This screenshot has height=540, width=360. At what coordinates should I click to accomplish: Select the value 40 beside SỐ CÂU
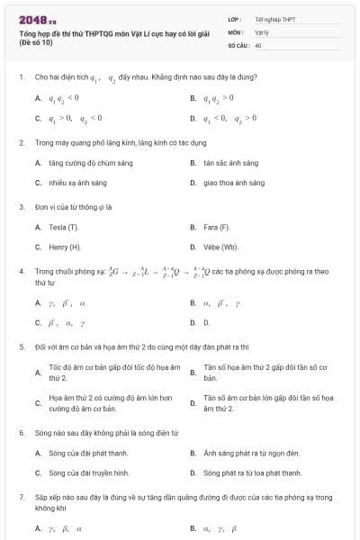tap(258, 44)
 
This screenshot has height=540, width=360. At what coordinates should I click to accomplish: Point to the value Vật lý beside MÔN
tap(262, 31)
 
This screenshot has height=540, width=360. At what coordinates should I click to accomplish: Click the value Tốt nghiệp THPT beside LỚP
tap(274, 18)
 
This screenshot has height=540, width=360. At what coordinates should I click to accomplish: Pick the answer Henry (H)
tap(65, 247)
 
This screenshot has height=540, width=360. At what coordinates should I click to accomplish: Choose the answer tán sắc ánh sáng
tap(231, 163)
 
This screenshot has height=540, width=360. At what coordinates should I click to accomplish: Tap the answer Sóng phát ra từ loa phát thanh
tap(253, 472)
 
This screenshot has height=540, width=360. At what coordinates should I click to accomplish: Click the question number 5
tap(21, 346)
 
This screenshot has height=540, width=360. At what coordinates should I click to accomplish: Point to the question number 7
tap(21, 497)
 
